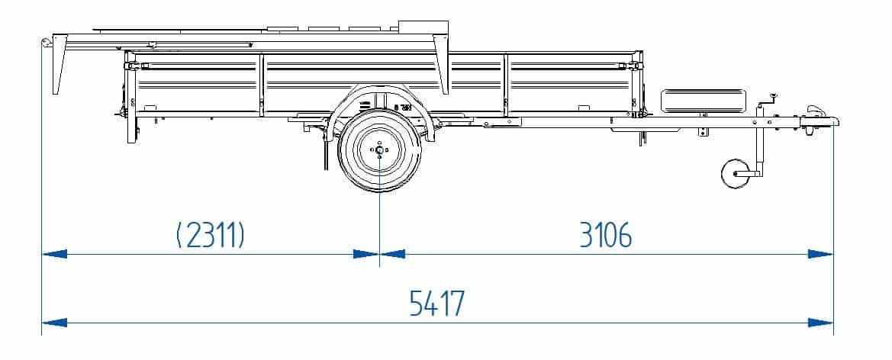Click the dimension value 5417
click(x=437, y=303)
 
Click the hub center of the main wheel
click(x=379, y=150)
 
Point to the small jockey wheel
click(x=735, y=173)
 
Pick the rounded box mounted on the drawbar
click(x=703, y=101)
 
